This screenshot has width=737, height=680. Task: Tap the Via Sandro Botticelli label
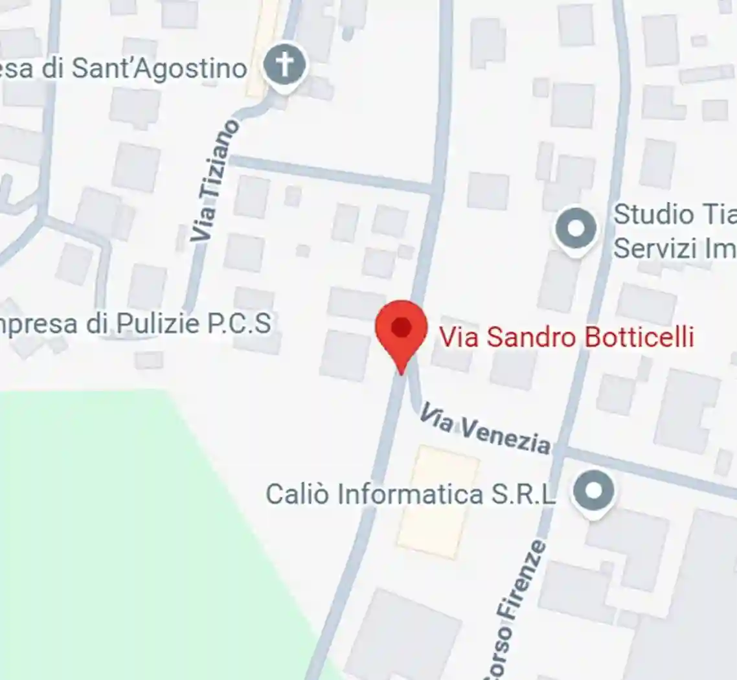(x=567, y=337)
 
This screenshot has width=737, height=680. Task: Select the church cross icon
(x=286, y=65)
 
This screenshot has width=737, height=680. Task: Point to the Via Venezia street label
(x=485, y=427)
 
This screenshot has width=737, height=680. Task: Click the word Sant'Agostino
(x=159, y=69)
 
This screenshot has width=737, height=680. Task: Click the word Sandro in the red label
(x=525, y=337)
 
